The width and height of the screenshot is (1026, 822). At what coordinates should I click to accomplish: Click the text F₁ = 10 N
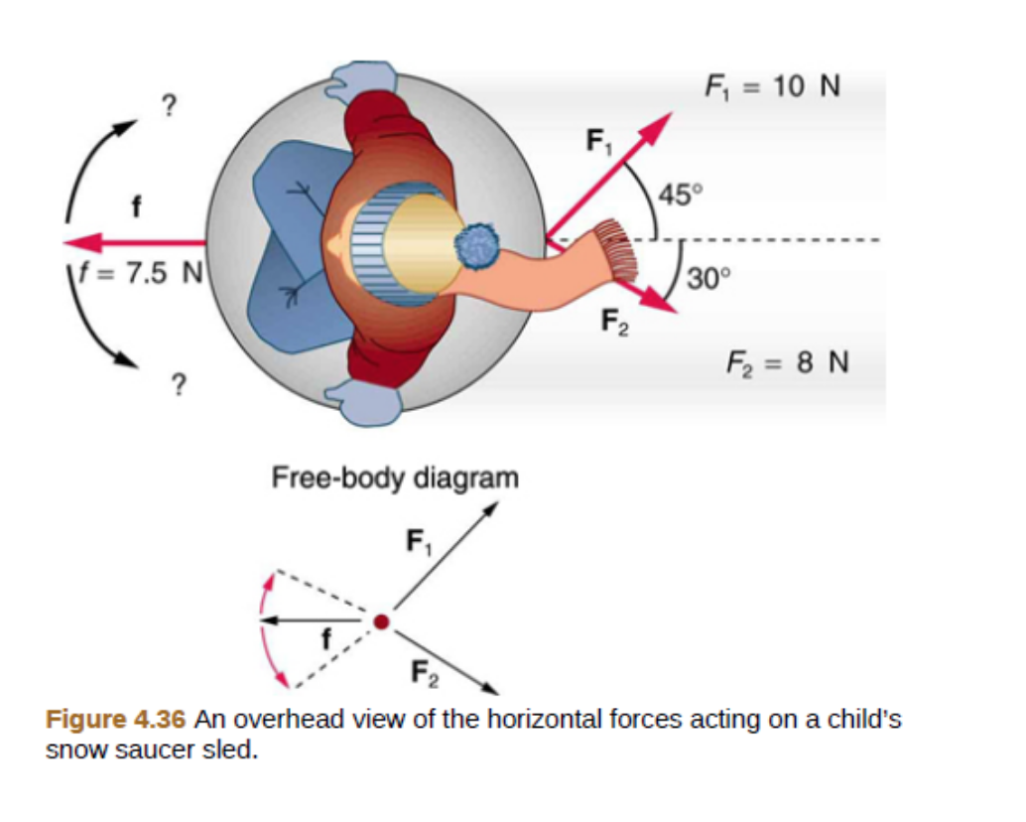point(772,87)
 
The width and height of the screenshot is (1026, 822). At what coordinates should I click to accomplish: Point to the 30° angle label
point(707,278)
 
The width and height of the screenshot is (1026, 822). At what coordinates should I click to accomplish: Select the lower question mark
point(179,383)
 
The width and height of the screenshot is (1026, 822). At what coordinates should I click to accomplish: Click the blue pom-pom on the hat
point(479,245)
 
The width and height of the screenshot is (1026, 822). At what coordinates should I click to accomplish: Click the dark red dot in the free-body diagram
point(380,622)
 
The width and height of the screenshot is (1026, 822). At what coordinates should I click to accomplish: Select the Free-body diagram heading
point(395,478)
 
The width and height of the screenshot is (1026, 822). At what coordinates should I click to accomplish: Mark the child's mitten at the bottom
point(364,403)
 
